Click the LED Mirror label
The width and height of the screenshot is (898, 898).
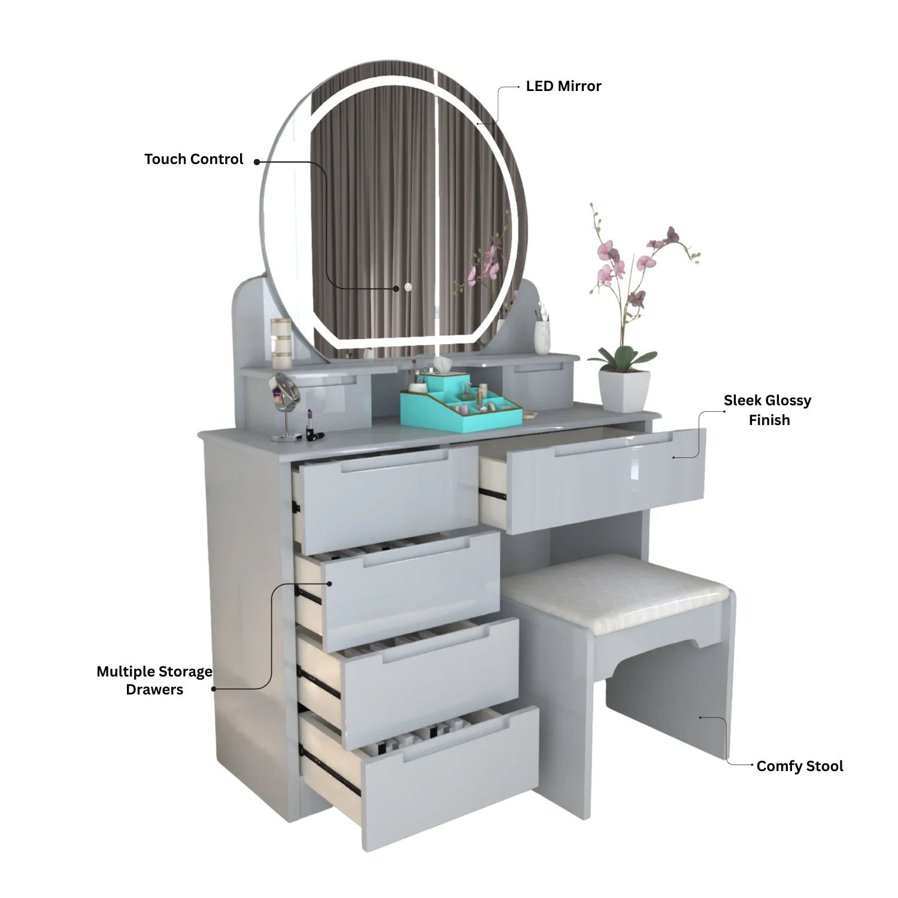(563, 86)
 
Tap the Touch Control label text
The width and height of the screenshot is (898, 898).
(194, 159)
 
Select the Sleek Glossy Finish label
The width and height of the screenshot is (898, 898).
(768, 410)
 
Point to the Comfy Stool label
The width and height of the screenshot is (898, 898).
(800, 766)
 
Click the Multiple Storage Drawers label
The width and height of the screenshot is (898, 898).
(154, 680)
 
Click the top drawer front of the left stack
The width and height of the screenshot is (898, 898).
(381, 499)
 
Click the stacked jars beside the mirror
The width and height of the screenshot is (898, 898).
(281, 343)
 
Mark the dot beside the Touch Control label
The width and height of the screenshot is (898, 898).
(257, 162)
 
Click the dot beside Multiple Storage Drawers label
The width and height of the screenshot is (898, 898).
(214, 688)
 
